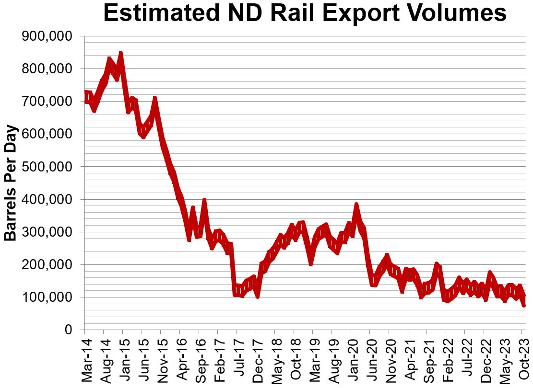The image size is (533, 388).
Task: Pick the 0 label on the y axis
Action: [x=68, y=330]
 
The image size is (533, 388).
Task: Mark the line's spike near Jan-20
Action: [x=356, y=205]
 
